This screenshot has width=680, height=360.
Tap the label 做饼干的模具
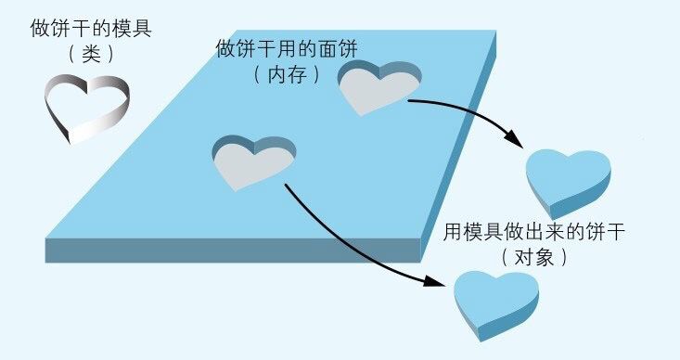(91, 29)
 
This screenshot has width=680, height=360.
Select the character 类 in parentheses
(91, 54)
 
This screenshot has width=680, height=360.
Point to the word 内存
(287, 74)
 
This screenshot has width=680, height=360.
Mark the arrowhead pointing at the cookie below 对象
(444, 281)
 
